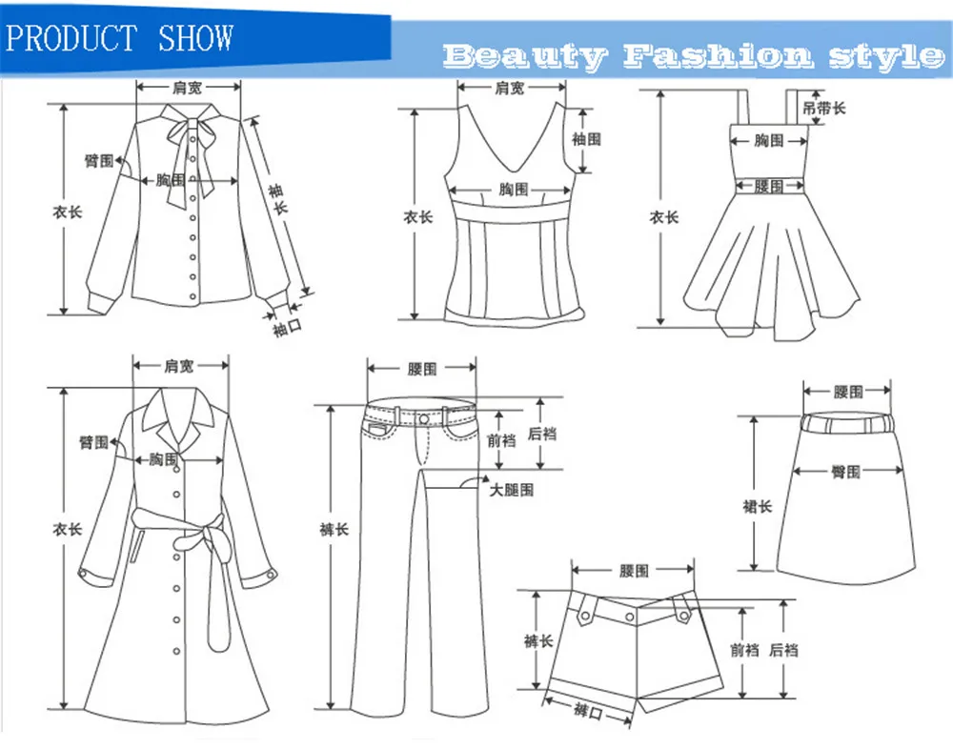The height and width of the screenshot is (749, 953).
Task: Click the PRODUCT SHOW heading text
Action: tap(119, 38)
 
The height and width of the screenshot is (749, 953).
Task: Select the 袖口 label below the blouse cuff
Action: tap(287, 330)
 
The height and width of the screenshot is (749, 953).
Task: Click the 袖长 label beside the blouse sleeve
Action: tap(277, 201)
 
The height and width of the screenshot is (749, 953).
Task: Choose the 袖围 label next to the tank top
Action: tap(587, 139)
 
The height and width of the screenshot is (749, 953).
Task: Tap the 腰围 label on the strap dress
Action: tap(769, 187)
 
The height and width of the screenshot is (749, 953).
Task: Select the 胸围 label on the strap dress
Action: tap(769, 141)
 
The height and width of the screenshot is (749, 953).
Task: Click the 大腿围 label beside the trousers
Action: tap(512, 490)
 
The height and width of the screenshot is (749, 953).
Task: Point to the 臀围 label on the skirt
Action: tap(845, 472)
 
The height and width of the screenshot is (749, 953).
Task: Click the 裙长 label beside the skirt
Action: tap(757, 506)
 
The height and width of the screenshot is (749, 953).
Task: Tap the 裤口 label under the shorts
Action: tap(588, 710)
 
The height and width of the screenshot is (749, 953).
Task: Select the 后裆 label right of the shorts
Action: tap(783, 650)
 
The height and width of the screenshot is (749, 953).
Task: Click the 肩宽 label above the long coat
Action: tap(179, 366)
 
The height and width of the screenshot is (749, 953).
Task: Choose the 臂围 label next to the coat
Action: tap(93, 442)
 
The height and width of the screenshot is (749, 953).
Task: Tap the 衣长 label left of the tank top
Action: tap(417, 217)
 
